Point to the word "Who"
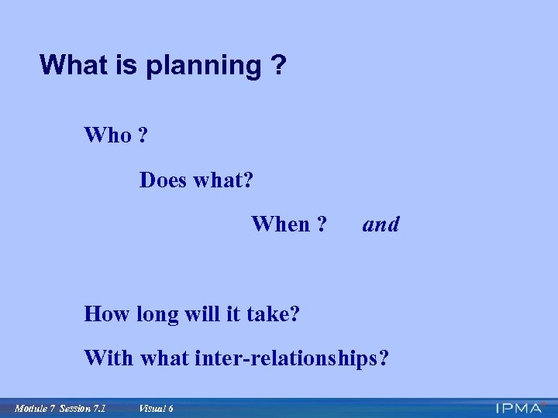click(108, 135)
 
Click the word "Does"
click(164, 180)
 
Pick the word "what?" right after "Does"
click(224, 180)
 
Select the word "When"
click(279, 224)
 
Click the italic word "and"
click(381, 224)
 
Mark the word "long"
click(157, 315)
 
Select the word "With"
click(108, 358)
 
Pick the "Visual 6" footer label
click(155, 408)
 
